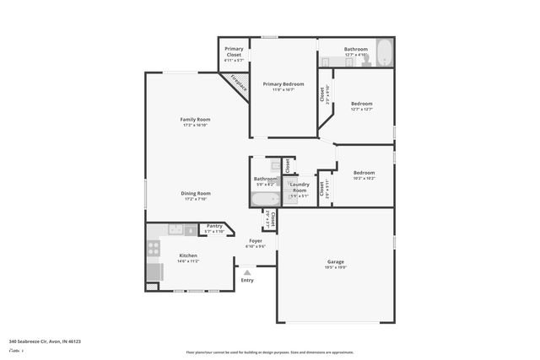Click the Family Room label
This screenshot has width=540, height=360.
[195, 120]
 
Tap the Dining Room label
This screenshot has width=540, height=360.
[195, 193]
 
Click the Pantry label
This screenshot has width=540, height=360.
[214, 225]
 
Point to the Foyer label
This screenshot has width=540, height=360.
[255, 241]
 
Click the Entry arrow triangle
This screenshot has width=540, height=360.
[246, 271]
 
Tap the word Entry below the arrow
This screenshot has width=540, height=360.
[246, 280]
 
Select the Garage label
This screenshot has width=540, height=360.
[335, 261]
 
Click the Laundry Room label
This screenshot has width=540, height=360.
[300, 185]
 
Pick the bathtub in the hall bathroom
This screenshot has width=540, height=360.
[264, 200]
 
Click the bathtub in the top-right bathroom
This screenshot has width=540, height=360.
[384, 53]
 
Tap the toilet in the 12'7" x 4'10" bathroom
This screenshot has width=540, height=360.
[366, 60]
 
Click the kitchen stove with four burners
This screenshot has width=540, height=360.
[154, 248]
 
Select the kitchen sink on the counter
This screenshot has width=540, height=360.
[175, 228]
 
